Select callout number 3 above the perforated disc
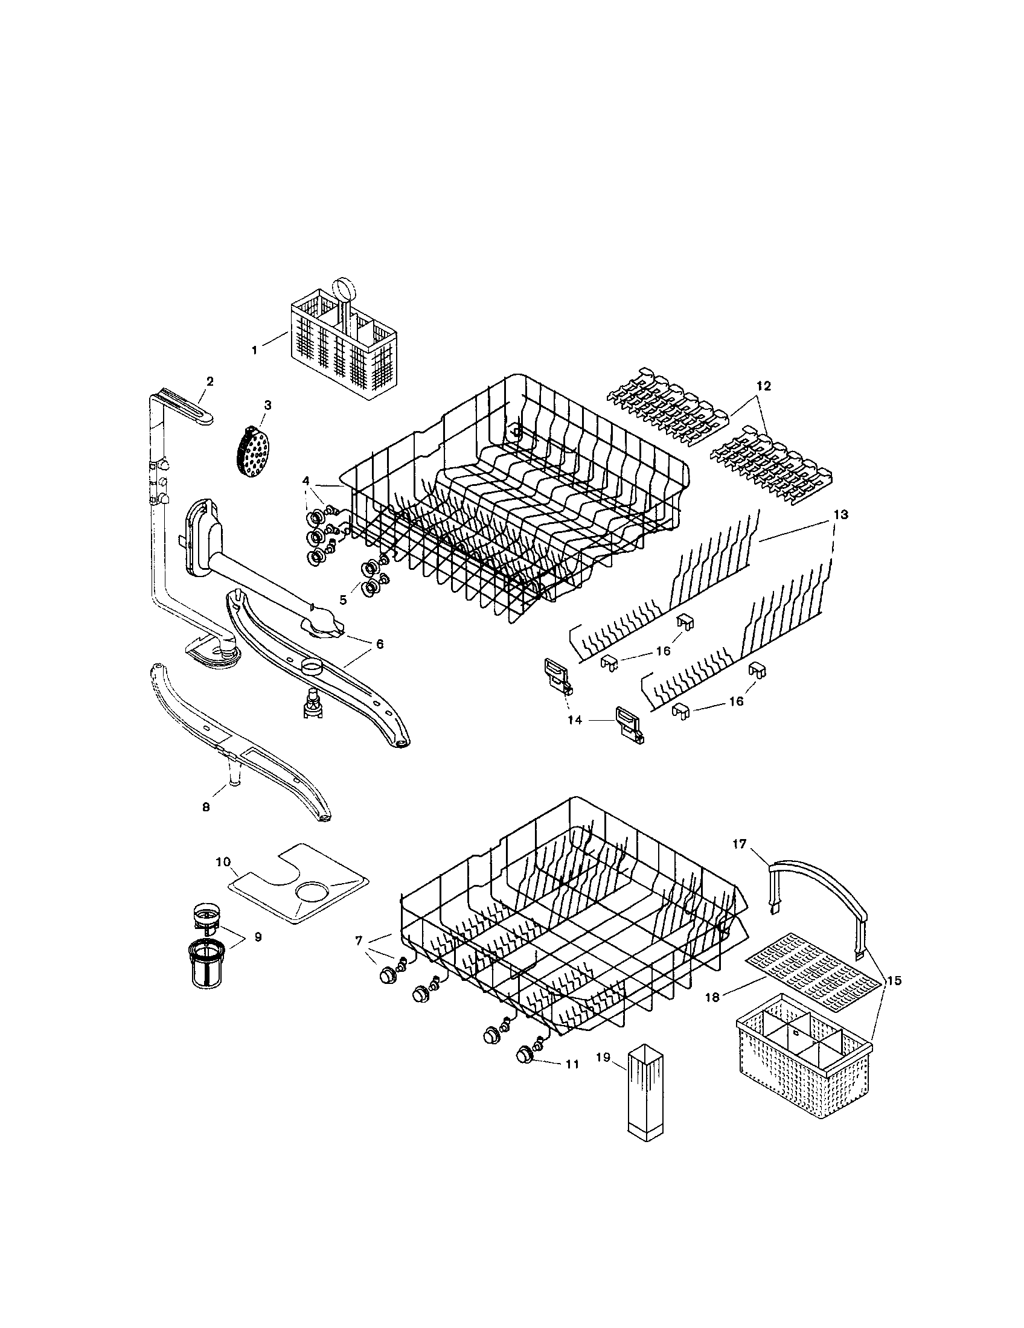(267, 404)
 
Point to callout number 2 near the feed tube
(210, 381)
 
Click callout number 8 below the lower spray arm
(206, 807)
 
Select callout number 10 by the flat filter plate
(223, 861)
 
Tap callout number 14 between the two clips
(575, 720)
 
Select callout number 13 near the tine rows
(840, 514)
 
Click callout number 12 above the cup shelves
(763, 386)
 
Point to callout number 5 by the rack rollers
(343, 599)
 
